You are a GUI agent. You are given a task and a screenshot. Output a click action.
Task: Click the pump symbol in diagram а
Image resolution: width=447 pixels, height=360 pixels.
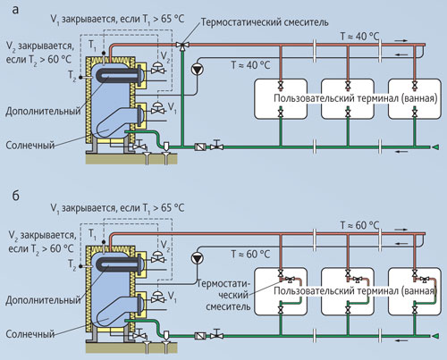[x=197, y=69]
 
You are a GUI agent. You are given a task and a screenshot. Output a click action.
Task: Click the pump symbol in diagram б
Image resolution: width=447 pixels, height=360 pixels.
[x=197, y=258]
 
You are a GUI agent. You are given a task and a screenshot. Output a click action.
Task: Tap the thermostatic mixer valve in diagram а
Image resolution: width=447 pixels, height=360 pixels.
[x=182, y=46]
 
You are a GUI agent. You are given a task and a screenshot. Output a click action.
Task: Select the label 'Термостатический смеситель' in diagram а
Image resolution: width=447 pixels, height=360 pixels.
[x=265, y=22]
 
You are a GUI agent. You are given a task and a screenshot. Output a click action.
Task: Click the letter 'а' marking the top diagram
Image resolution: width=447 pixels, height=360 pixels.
[x=15, y=10]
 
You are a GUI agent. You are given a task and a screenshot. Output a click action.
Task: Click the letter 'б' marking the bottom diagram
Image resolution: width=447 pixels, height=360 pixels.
[x=15, y=196]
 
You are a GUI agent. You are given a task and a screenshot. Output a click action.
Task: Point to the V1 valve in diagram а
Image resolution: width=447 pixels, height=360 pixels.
[x=157, y=108]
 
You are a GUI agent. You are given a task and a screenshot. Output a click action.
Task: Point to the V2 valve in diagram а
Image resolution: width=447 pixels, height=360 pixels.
[x=157, y=69]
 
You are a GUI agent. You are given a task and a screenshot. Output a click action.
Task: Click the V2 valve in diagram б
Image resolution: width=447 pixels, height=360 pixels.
[x=157, y=257]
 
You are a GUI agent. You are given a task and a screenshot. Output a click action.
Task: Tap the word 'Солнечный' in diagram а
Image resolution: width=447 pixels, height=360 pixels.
[x=30, y=146]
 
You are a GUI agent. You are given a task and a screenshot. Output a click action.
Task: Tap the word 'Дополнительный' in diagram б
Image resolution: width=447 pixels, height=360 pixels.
[x=43, y=300]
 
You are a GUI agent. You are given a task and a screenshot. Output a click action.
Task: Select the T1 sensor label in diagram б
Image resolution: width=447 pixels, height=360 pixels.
[x=92, y=234]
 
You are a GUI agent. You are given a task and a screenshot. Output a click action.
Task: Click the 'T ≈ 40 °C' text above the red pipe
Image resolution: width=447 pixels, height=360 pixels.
[x=359, y=37]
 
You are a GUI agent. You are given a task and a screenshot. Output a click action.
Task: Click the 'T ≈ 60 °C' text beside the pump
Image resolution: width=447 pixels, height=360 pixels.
[x=250, y=254]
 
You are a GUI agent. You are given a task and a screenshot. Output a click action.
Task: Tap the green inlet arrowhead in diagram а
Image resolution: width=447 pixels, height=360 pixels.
[x=435, y=147]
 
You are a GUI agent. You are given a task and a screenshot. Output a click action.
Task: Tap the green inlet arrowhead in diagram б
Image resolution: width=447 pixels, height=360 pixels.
[x=435, y=336]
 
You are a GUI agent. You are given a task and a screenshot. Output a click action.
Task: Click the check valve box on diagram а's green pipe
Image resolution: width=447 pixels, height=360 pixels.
[x=200, y=147]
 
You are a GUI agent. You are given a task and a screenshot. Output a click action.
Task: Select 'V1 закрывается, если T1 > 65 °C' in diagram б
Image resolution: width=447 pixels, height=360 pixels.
[x=117, y=208]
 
